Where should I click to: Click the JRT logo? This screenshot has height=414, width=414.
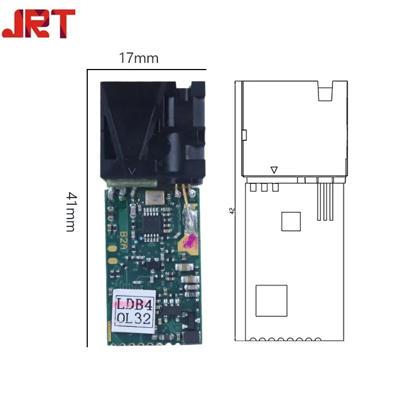(x=39, y=24)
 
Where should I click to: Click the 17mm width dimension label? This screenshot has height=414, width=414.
(x=139, y=58)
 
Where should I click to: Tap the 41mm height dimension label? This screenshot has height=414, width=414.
(x=71, y=212)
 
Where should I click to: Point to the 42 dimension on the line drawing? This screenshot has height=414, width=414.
(x=232, y=211)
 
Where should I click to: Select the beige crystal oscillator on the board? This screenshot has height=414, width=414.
(x=155, y=198)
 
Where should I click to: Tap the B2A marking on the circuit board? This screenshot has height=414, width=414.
(x=124, y=241)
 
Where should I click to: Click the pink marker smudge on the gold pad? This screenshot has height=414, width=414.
(x=190, y=242)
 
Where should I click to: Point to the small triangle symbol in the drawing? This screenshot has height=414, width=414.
(x=274, y=170)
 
